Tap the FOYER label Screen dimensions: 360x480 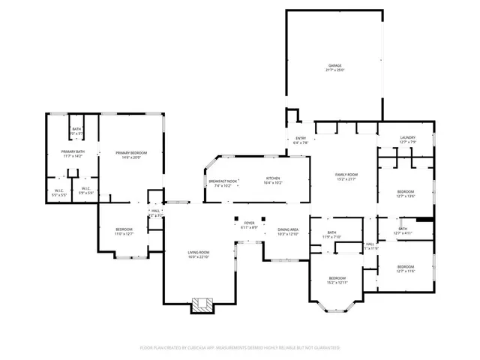click(x=249, y=224)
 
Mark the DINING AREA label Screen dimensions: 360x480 click(x=288, y=232)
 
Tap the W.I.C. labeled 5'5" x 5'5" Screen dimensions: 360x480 click(x=58, y=192)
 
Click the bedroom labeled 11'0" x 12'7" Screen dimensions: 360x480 click(x=124, y=231)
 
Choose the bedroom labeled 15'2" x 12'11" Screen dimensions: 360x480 click(x=337, y=280)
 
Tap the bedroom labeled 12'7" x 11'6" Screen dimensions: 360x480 click(x=405, y=268)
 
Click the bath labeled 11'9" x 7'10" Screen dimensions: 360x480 click(x=331, y=235)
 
